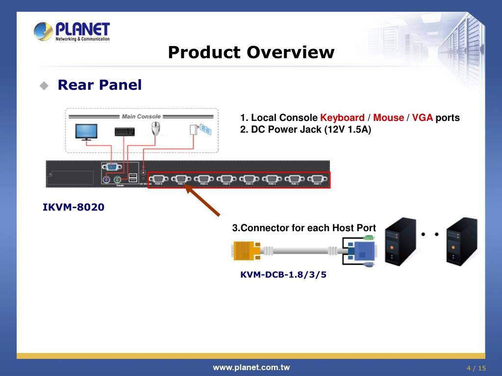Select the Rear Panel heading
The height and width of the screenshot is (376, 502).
point(100,85)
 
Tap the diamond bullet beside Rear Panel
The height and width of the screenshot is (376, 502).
point(44,86)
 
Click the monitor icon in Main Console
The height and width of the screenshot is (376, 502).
point(86,132)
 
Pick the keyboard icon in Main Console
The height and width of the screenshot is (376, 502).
point(125,131)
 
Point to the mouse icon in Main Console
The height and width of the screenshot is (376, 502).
point(156,129)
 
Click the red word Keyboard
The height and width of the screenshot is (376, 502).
point(342,118)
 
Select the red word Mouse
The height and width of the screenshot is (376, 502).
point(388,118)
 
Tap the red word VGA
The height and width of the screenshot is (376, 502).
point(422,118)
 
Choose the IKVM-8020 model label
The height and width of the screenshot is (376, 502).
point(74,207)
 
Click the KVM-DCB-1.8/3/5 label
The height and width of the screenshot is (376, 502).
point(283,275)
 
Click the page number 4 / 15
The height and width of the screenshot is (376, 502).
point(476,368)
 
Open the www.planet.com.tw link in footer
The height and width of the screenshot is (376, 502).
point(251,368)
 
